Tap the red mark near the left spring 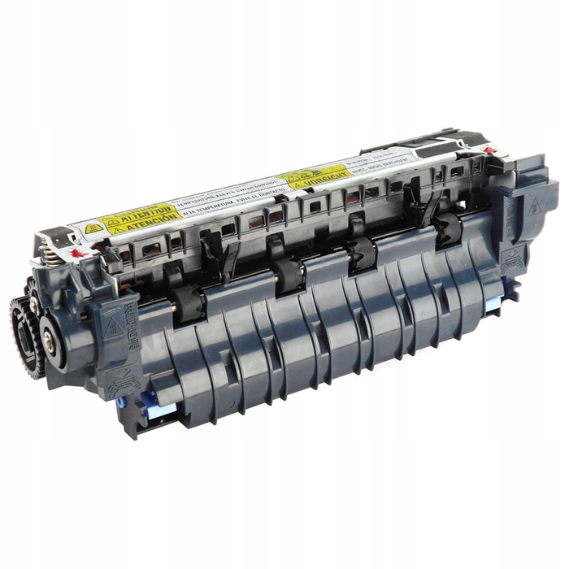tap(77, 253)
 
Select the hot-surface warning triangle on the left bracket tap(112, 328)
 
